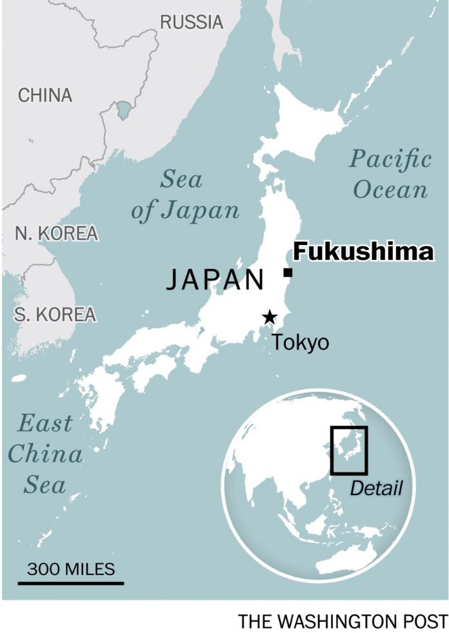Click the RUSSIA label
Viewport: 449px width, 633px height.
click(x=192, y=22)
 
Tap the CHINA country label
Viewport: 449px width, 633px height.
click(x=45, y=95)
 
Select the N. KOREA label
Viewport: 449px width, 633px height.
click(x=56, y=233)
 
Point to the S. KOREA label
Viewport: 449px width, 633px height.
click(x=55, y=315)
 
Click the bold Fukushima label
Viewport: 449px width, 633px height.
click(x=363, y=252)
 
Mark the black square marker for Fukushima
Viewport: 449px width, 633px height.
click(x=288, y=273)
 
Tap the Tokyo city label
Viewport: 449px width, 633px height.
click(x=300, y=342)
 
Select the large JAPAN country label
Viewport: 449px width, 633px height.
click(x=215, y=280)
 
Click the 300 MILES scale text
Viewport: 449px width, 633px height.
click(x=71, y=569)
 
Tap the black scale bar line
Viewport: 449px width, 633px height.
click(x=70, y=583)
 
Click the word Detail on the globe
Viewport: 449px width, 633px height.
click(x=375, y=489)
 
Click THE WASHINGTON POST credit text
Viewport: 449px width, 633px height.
click(x=343, y=621)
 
